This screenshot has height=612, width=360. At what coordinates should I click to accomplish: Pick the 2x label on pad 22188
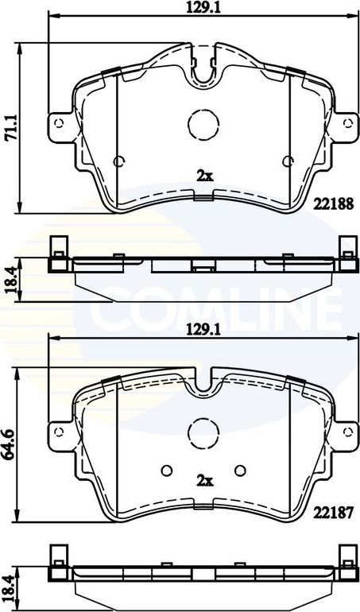tap(204, 176)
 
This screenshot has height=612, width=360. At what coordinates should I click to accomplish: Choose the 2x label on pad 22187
tap(204, 480)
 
